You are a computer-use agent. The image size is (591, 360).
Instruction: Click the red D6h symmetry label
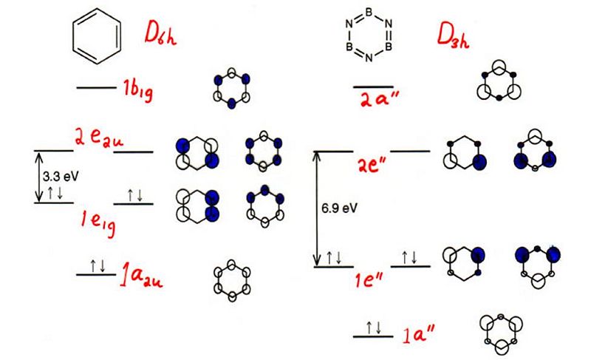pyautogui.click(x=160, y=34)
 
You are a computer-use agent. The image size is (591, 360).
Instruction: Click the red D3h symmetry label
pyautogui.click(x=453, y=35)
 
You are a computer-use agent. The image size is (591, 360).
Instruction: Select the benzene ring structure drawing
pyautogui.click(x=97, y=35)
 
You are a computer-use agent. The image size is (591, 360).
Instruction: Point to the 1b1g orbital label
pyautogui.click(x=138, y=90)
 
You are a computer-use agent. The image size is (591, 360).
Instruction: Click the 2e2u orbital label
pyautogui.click(x=99, y=138)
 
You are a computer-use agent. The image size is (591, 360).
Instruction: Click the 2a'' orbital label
pyautogui.click(x=379, y=99)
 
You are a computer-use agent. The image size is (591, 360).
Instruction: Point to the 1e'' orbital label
pyautogui.click(x=369, y=280)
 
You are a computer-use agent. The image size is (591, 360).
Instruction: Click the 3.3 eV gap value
pyautogui.click(x=61, y=176)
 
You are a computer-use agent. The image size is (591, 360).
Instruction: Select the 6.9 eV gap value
pyautogui.click(x=339, y=208)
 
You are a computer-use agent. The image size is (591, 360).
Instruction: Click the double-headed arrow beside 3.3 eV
pyautogui.click(x=38, y=177)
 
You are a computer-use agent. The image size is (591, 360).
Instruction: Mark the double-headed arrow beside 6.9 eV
pyautogui.click(x=318, y=209)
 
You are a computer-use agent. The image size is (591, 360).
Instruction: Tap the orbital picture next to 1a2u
pyautogui.click(x=232, y=280)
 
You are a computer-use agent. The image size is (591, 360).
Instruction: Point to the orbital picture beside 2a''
pyautogui.click(x=499, y=81)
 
